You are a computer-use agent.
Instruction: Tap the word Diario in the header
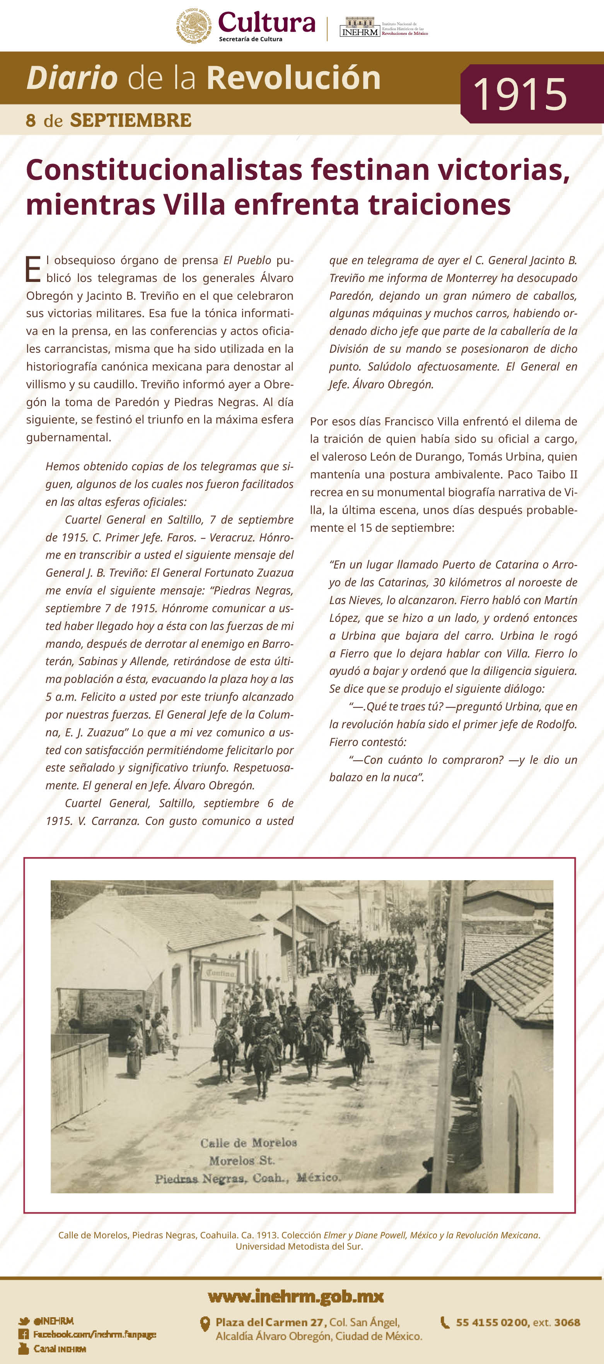point(72,78)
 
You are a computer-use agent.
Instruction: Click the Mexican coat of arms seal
point(193,26)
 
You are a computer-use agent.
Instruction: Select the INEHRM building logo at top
point(360,26)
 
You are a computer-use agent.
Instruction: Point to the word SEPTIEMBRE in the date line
point(130,121)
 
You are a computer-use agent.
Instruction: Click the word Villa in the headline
point(194,205)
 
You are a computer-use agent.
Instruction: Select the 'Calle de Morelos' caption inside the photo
point(248,1143)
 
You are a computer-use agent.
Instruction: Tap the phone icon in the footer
point(445,1322)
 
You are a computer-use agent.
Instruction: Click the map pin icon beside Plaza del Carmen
point(205,1324)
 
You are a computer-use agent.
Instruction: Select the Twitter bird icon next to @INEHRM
point(23,1321)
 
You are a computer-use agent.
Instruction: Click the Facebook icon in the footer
point(23,1334)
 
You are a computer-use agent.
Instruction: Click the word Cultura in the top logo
point(266,22)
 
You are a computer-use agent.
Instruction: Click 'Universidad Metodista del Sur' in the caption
point(299,1246)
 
